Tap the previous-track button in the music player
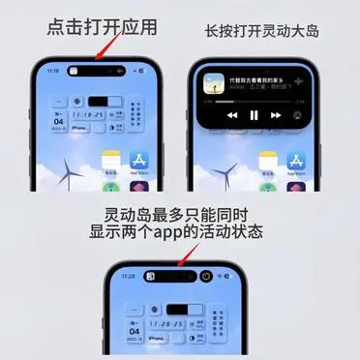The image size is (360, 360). (x=231, y=114)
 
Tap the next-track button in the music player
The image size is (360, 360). (x=277, y=114)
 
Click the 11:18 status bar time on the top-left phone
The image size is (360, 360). (x=53, y=72)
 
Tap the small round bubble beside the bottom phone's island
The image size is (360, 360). (x=206, y=277)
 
